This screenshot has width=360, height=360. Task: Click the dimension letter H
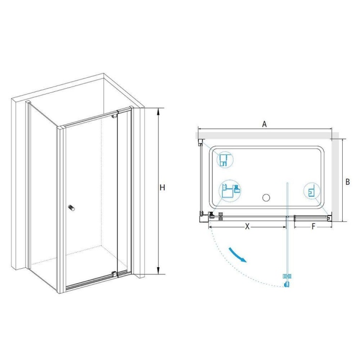click(x=162, y=188)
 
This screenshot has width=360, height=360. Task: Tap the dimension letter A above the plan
click(x=265, y=124)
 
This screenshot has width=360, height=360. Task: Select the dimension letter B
click(x=347, y=182)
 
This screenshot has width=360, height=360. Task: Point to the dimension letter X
click(x=247, y=226)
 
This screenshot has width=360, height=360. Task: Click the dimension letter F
click(x=314, y=226)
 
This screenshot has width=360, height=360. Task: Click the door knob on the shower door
click(x=71, y=208)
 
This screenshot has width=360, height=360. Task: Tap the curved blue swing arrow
click(x=237, y=255)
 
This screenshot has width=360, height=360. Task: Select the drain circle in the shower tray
click(x=266, y=197)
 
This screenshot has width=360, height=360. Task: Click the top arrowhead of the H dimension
click(x=158, y=112)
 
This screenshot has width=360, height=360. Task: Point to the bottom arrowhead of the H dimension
click(x=158, y=270)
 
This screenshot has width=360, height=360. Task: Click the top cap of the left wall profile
click(x=28, y=102)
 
